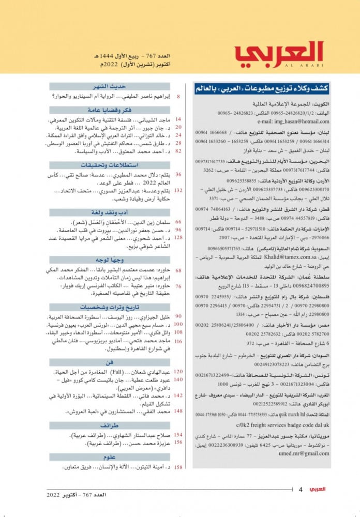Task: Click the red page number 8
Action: pos(178,97)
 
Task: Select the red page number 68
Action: pos(178,270)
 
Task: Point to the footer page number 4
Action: pos(301,489)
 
